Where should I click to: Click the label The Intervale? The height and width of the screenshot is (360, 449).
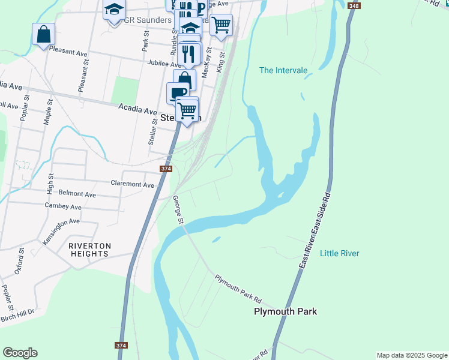click(x=283, y=70)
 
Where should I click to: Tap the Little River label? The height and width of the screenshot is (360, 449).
click(x=339, y=253)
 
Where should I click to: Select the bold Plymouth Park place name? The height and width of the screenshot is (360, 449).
click(x=285, y=311)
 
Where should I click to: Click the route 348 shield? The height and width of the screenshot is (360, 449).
click(x=354, y=5)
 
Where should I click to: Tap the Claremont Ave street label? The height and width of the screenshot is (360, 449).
click(x=133, y=184)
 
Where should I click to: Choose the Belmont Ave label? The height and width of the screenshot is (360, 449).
click(x=77, y=194)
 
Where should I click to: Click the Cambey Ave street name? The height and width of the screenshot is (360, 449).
click(x=63, y=206)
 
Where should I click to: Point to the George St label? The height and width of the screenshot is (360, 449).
click(x=178, y=209)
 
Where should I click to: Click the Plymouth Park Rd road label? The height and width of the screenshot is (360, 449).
click(x=238, y=289)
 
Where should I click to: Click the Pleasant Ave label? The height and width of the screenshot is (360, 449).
click(x=68, y=52)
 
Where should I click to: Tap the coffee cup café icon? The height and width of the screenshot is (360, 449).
click(x=178, y=93)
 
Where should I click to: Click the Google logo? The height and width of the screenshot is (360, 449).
click(x=20, y=353)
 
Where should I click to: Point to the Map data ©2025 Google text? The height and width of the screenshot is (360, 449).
click(x=411, y=355)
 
